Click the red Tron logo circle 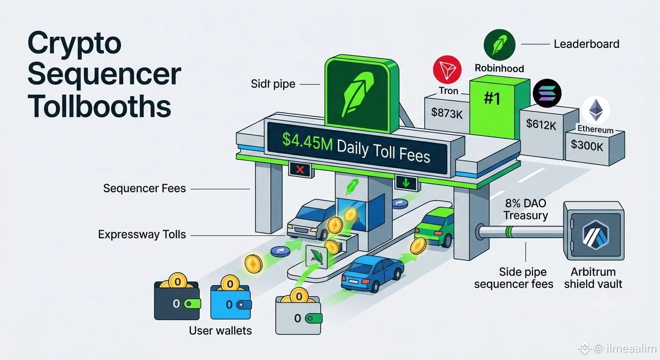pos(447,69)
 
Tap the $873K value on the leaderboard pos(447,113)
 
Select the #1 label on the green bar pos(492,98)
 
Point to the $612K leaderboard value pos(541,125)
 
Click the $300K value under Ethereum pos(587,145)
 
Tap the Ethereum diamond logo pos(596,110)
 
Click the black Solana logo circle pos(547,93)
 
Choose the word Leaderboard pos(586,44)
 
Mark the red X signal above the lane pos(300,169)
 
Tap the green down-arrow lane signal pos(406,183)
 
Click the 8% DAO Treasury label pos(525,209)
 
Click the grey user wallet pos(299,312)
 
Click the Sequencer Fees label pos(144,188)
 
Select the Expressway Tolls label pos(142,234)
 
